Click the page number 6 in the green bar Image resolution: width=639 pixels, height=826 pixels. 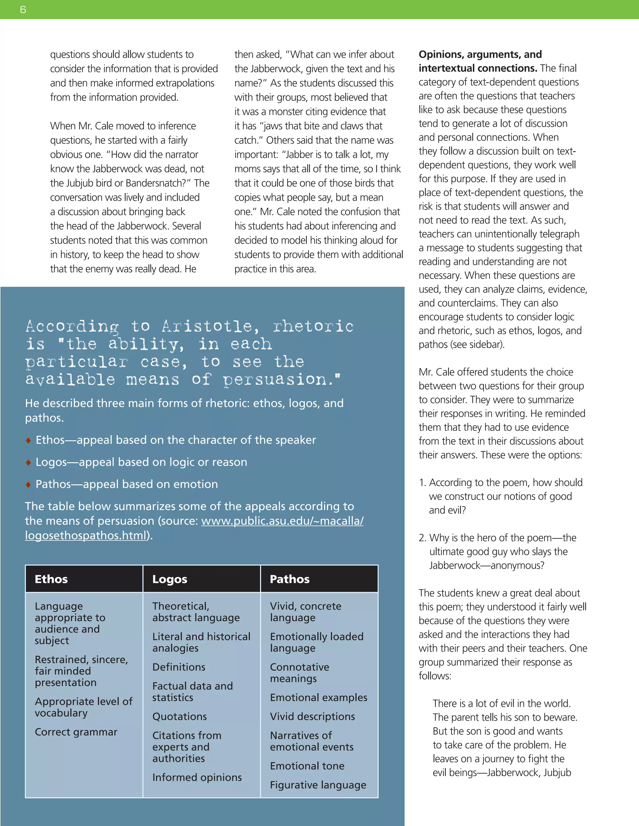point(23,9)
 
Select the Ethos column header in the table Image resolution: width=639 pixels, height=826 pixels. point(51,579)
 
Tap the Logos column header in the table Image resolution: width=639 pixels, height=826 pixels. point(170,579)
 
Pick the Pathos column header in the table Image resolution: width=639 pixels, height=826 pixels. point(290,579)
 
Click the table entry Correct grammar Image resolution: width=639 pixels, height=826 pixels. point(76,732)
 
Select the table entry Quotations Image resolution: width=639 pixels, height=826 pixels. point(179,716)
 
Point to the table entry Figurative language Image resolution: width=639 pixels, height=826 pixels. point(318,785)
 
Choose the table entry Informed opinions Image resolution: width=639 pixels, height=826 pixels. point(197,777)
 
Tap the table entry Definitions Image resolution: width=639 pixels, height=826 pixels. point(179,667)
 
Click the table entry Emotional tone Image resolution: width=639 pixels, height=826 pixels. point(307,766)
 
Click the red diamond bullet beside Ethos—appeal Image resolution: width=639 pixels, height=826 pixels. point(28,440)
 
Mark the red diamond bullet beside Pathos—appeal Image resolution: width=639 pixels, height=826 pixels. point(28,484)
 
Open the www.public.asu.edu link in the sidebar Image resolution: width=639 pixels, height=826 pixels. point(282,521)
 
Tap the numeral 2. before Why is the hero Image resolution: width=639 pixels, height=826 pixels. point(422,538)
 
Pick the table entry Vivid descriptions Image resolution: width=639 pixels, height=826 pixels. point(312,716)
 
